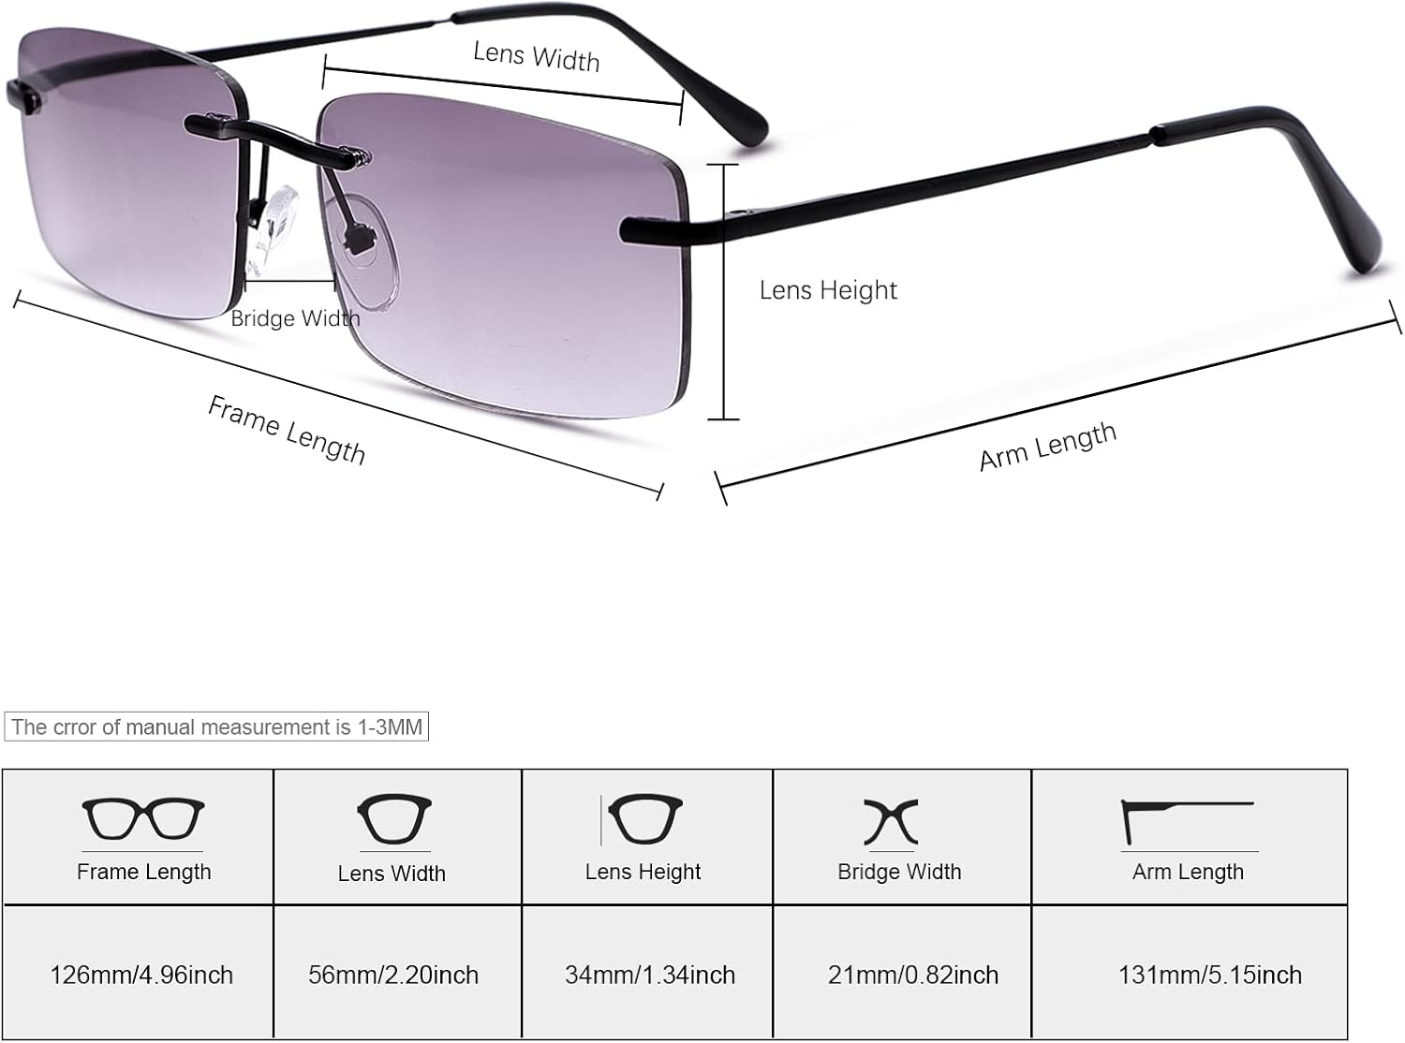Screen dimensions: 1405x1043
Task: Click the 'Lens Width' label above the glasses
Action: [x=536, y=56]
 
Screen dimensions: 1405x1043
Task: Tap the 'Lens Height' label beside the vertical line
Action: [x=828, y=290]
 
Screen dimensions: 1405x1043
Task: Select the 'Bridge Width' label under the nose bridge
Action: [x=295, y=318]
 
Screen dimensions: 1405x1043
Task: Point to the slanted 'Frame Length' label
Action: [x=287, y=430]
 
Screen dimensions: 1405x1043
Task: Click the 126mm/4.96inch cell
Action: [x=141, y=975]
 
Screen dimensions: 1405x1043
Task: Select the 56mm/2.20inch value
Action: [x=393, y=975]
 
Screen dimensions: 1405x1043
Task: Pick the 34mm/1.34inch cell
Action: [x=650, y=975]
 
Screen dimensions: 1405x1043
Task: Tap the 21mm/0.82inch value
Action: [x=913, y=975]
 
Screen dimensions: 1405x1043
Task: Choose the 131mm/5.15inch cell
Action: [x=1210, y=975]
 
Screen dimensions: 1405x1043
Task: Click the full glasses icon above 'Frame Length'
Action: [x=143, y=819]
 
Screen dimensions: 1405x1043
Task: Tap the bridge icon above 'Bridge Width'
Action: [x=892, y=821]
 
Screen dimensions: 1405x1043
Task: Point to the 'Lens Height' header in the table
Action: [x=643, y=872]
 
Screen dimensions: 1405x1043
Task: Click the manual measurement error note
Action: [x=216, y=727]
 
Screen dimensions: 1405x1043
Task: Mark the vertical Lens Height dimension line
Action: [x=723, y=291]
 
